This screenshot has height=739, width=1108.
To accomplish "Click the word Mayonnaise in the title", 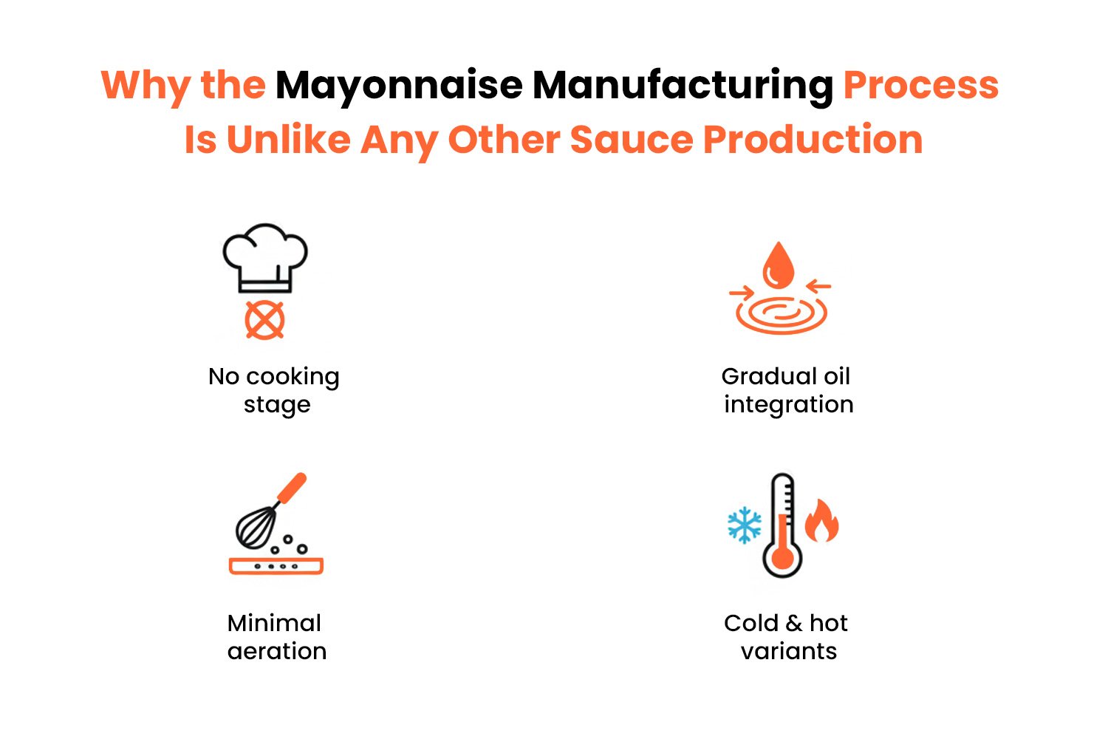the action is click(399, 86).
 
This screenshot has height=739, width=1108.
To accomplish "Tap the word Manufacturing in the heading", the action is click(683, 86).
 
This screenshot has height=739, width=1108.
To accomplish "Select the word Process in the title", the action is click(921, 86).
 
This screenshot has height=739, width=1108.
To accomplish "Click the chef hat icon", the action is click(265, 259).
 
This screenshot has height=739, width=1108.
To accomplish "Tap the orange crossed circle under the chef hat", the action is click(264, 320).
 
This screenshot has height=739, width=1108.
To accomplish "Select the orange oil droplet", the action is click(779, 265).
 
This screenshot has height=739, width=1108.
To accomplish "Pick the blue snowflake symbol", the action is click(745, 525).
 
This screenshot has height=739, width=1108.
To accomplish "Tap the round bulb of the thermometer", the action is click(782, 559).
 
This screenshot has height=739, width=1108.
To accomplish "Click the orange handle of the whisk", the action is click(293, 488).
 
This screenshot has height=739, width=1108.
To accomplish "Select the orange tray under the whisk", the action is click(276, 566).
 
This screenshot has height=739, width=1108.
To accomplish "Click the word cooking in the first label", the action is click(293, 378).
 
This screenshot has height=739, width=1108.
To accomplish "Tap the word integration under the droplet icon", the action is click(789, 406).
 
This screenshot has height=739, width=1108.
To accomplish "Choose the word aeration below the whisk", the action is click(277, 651).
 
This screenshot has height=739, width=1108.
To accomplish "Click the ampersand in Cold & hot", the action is click(794, 623).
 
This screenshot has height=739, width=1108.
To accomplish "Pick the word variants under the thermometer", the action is click(789, 651).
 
